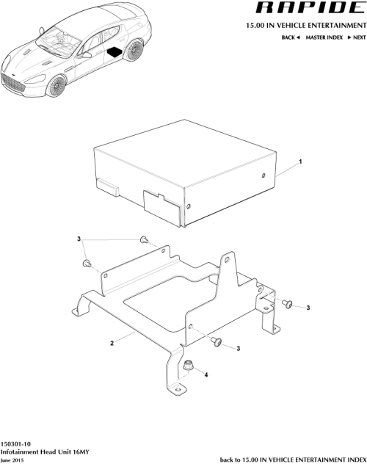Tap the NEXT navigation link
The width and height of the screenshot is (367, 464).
pos(356,37)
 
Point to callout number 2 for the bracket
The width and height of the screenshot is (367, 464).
pos(112,343)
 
